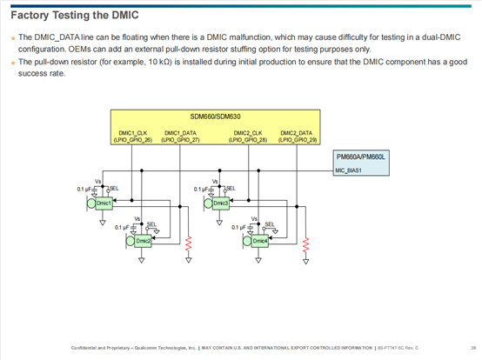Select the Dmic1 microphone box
(x=104, y=203)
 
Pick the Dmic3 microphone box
(x=220, y=203)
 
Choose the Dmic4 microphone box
(x=259, y=240)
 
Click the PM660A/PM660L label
(x=364, y=157)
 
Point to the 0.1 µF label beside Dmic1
(x=84, y=189)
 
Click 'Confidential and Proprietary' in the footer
(x=98, y=348)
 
